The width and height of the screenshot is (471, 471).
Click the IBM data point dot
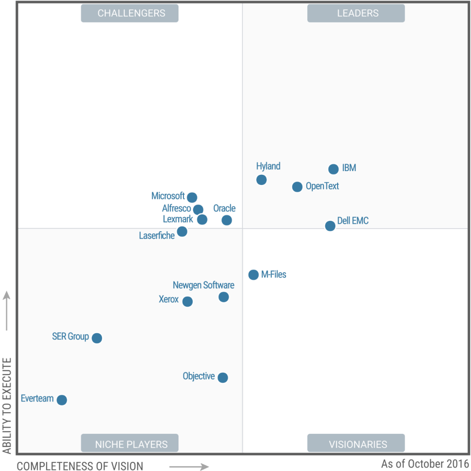point(333,169)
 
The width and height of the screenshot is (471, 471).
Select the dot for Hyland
point(261,179)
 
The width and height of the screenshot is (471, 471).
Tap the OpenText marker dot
point(297,187)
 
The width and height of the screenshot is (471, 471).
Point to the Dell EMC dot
point(330,226)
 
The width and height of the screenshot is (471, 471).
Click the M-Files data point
point(253,275)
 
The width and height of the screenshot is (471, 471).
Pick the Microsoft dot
point(192,197)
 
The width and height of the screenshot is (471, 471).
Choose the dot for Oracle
point(227,220)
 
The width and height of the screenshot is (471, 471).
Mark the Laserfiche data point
point(182,231)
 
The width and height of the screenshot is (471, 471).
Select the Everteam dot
point(62,400)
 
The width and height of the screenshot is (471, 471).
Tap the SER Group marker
point(97,338)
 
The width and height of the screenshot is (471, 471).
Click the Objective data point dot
point(223,378)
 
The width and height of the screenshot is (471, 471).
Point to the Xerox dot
point(187,302)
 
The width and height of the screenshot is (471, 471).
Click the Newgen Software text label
point(203,285)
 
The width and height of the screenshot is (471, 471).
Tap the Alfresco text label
point(176,208)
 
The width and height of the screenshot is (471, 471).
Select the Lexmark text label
point(178,219)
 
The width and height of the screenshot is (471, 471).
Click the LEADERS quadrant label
point(358,13)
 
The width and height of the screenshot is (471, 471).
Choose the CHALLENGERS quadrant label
point(131,13)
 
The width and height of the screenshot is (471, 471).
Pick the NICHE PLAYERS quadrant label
point(131,444)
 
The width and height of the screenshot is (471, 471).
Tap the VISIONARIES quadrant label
point(358,444)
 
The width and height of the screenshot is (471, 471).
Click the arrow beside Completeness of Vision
point(189,467)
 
